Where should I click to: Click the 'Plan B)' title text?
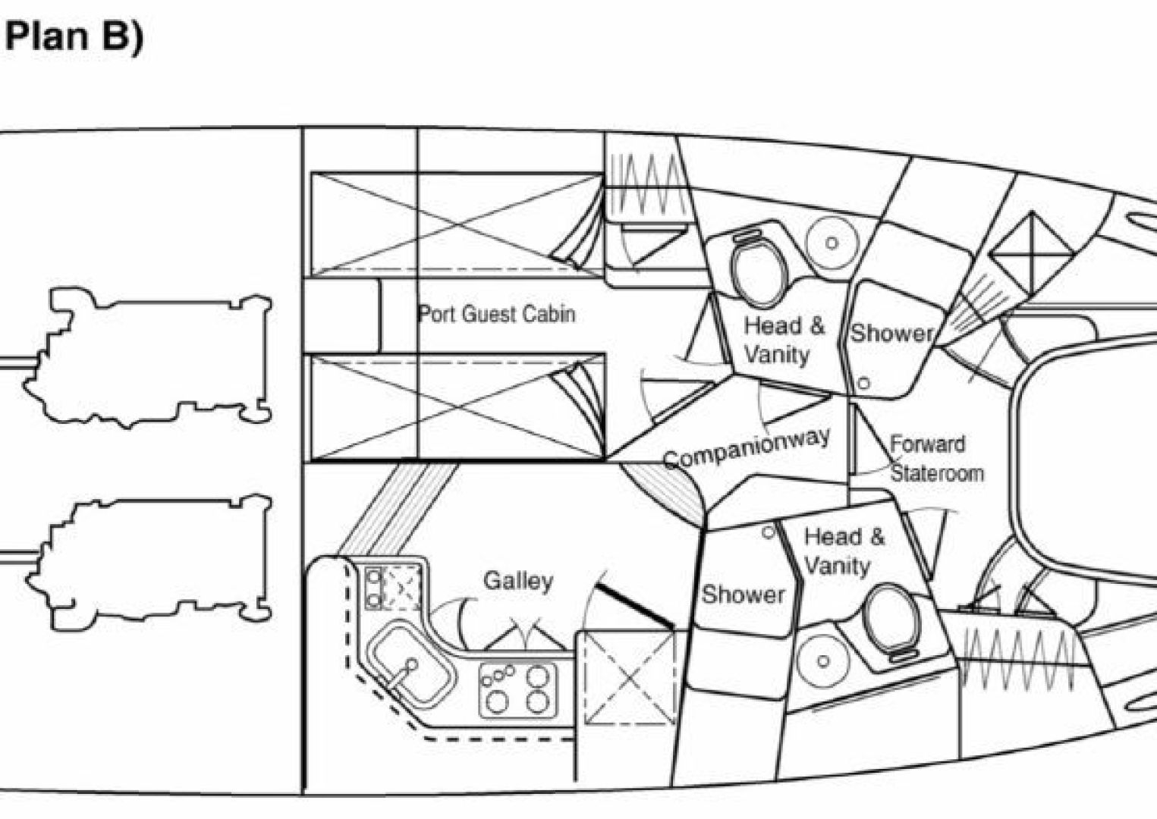[x=74, y=37]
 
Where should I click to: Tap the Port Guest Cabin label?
[x=496, y=314]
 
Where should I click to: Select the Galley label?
[x=518, y=582]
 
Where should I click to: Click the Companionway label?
[x=747, y=448]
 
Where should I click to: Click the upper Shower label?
[x=892, y=333]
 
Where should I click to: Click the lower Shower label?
[x=743, y=595]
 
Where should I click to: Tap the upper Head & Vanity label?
[x=784, y=340]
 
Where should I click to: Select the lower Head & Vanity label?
[x=844, y=551]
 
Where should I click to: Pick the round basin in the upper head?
[x=832, y=243]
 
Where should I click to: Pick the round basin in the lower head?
[x=823, y=661]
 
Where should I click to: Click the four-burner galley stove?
[x=518, y=690]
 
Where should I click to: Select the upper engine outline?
[x=147, y=358]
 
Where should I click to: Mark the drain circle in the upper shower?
[x=863, y=383]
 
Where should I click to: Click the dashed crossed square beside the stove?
[x=629, y=678]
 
